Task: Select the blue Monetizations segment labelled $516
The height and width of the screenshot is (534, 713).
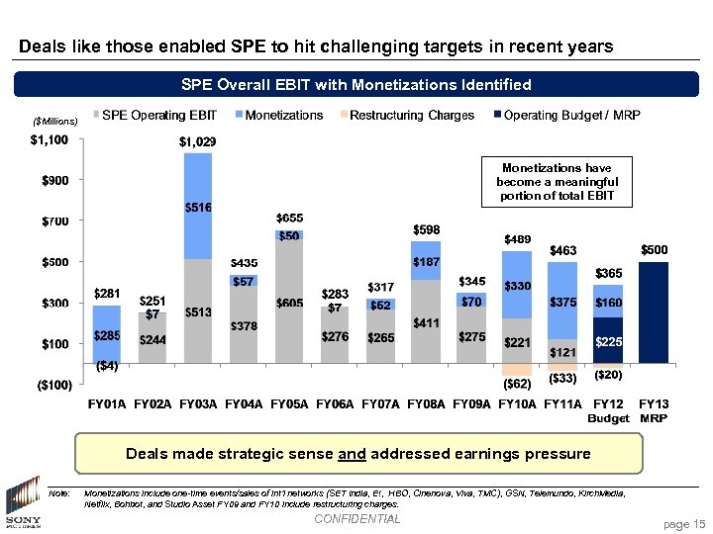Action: [x=198, y=207]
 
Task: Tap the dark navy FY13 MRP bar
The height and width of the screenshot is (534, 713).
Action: [x=654, y=311]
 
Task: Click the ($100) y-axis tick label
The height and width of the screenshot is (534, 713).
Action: [x=49, y=385]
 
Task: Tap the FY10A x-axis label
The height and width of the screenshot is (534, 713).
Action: [x=518, y=404]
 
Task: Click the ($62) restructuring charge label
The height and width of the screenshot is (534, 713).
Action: [x=517, y=383]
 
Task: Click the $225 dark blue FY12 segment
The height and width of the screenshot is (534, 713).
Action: [x=608, y=341]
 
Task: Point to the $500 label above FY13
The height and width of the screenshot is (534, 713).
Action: [x=655, y=249]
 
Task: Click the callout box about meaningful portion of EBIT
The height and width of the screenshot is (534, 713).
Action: [x=560, y=182]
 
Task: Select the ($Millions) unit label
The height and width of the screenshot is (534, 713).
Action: [x=55, y=121]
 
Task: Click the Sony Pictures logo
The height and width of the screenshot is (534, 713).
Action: [x=22, y=505]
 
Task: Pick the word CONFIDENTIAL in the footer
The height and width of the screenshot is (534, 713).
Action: [x=356, y=519]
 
